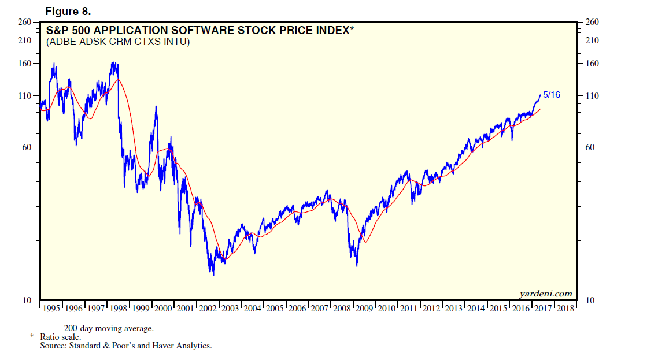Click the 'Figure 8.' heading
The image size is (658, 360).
[x=68, y=12]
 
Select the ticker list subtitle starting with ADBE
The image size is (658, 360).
[x=118, y=42]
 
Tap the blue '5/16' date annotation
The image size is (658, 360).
[x=552, y=95]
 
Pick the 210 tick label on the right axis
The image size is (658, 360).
[x=592, y=40]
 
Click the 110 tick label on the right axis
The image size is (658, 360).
[x=592, y=95]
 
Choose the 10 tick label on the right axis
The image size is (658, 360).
[x=590, y=300]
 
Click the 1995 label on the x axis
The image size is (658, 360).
[x=51, y=309]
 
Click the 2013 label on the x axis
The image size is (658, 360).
[x=454, y=309]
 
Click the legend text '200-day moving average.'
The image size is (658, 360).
[x=109, y=328]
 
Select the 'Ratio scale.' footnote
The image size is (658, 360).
[x=60, y=337]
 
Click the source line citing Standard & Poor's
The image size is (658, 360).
[x=126, y=346]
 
